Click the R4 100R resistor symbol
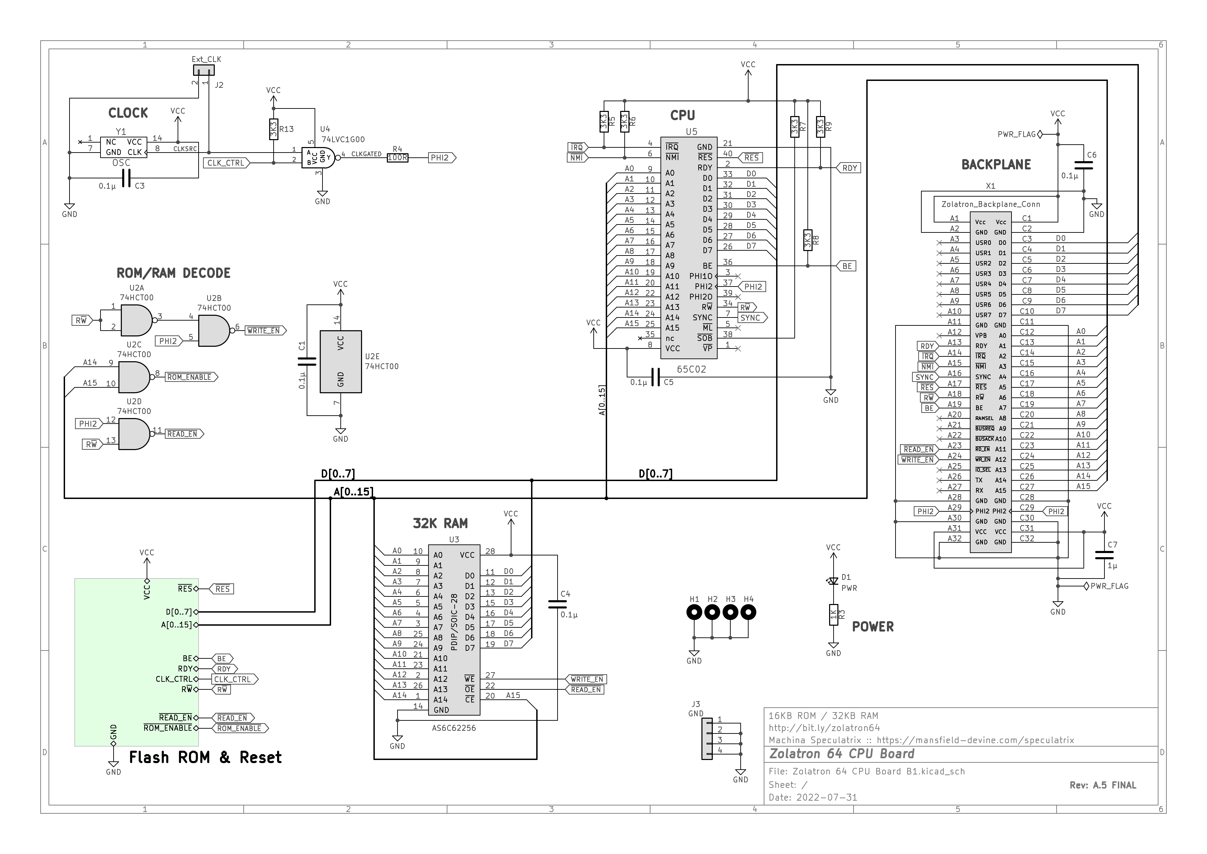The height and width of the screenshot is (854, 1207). point(398,158)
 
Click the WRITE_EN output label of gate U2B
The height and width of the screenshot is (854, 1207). point(265,331)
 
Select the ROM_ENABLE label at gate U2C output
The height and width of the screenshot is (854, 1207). point(191,377)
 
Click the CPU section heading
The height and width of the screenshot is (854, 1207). point(682,115)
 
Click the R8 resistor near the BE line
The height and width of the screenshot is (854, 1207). point(808,240)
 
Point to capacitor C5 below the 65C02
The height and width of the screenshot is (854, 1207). point(655,377)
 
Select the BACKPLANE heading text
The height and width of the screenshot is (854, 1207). point(996,165)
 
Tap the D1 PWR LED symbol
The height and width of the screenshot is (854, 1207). point(833,581)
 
